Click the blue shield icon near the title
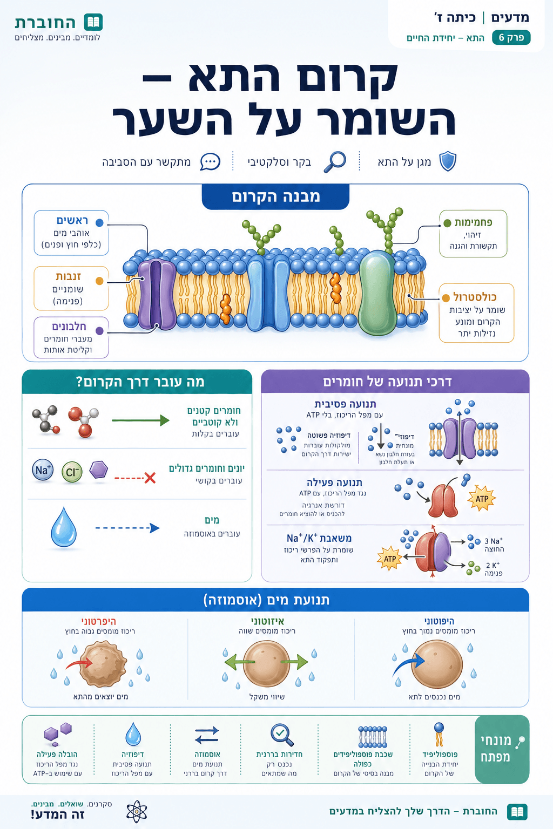click(x=448, y=161)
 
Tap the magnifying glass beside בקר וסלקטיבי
click(x=335, y=162)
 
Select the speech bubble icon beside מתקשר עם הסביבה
click(x=210, y=162)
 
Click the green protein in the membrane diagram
click(x=377, y=293)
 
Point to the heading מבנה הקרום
click(x=275, y=196)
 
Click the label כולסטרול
click(x=475, y=297)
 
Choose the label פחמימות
click(x=474, y=222)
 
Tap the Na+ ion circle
click(x=43, y=470)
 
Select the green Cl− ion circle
click(x=72, y=472)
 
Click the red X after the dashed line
click(x=150, y=478)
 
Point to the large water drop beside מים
click(x=63, y=527)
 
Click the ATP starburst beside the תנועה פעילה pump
click(x=482, y=498)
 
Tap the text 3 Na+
click(x=494, y=541)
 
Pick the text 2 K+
click(x=493, y=565)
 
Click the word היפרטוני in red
click(x=98, y=621)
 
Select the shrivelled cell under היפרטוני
click(x=103, y=665)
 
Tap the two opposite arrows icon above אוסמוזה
click(x=207, y=735)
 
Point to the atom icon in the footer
click(x=137, y=812)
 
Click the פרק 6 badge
click(x=511, y=38)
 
